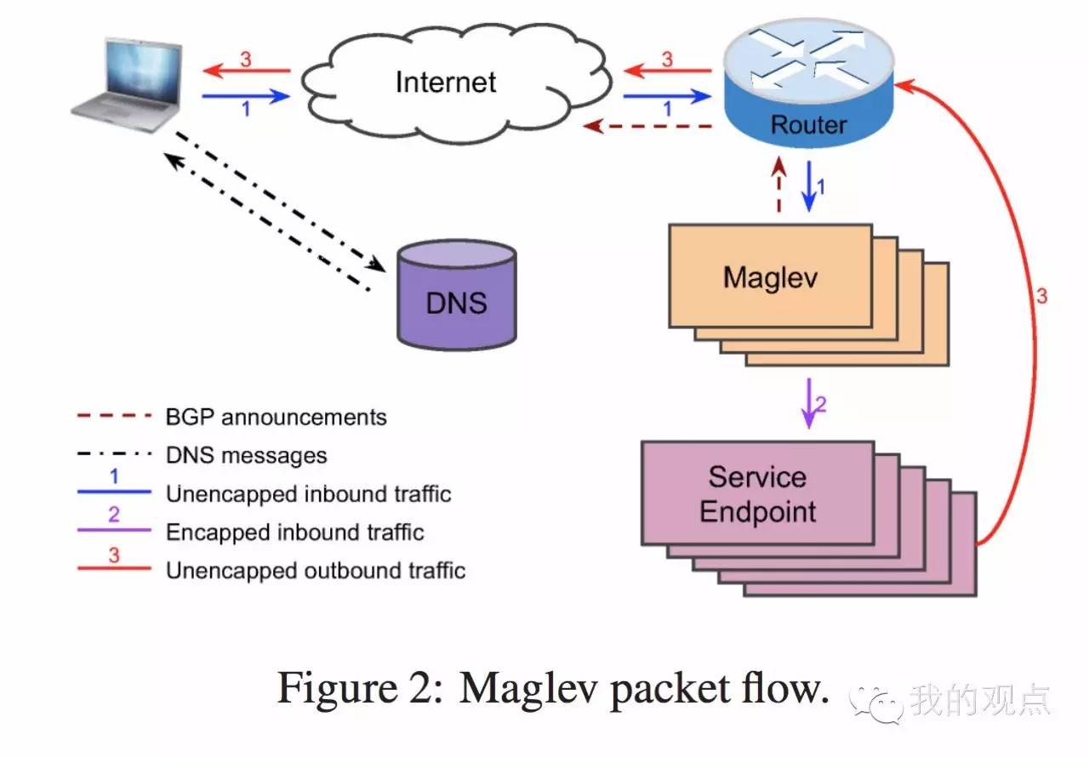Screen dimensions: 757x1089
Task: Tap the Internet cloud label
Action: coord(445,82)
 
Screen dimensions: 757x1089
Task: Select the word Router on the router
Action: coord(808,125)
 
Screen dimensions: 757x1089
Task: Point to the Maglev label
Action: coord(770,277)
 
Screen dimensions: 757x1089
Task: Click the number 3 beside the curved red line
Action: coord(1041,297)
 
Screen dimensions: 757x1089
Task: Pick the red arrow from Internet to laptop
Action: coord(246,72)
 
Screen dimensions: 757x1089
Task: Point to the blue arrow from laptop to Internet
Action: coord(246,97)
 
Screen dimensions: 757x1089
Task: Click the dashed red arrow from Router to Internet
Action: coord(647,127)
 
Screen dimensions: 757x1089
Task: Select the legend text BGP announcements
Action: coord(276,418)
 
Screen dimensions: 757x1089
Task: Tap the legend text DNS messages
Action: coord(246,455)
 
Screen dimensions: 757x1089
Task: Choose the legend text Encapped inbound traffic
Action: coord(294,532)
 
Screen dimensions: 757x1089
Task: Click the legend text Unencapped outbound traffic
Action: coord(315,570)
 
